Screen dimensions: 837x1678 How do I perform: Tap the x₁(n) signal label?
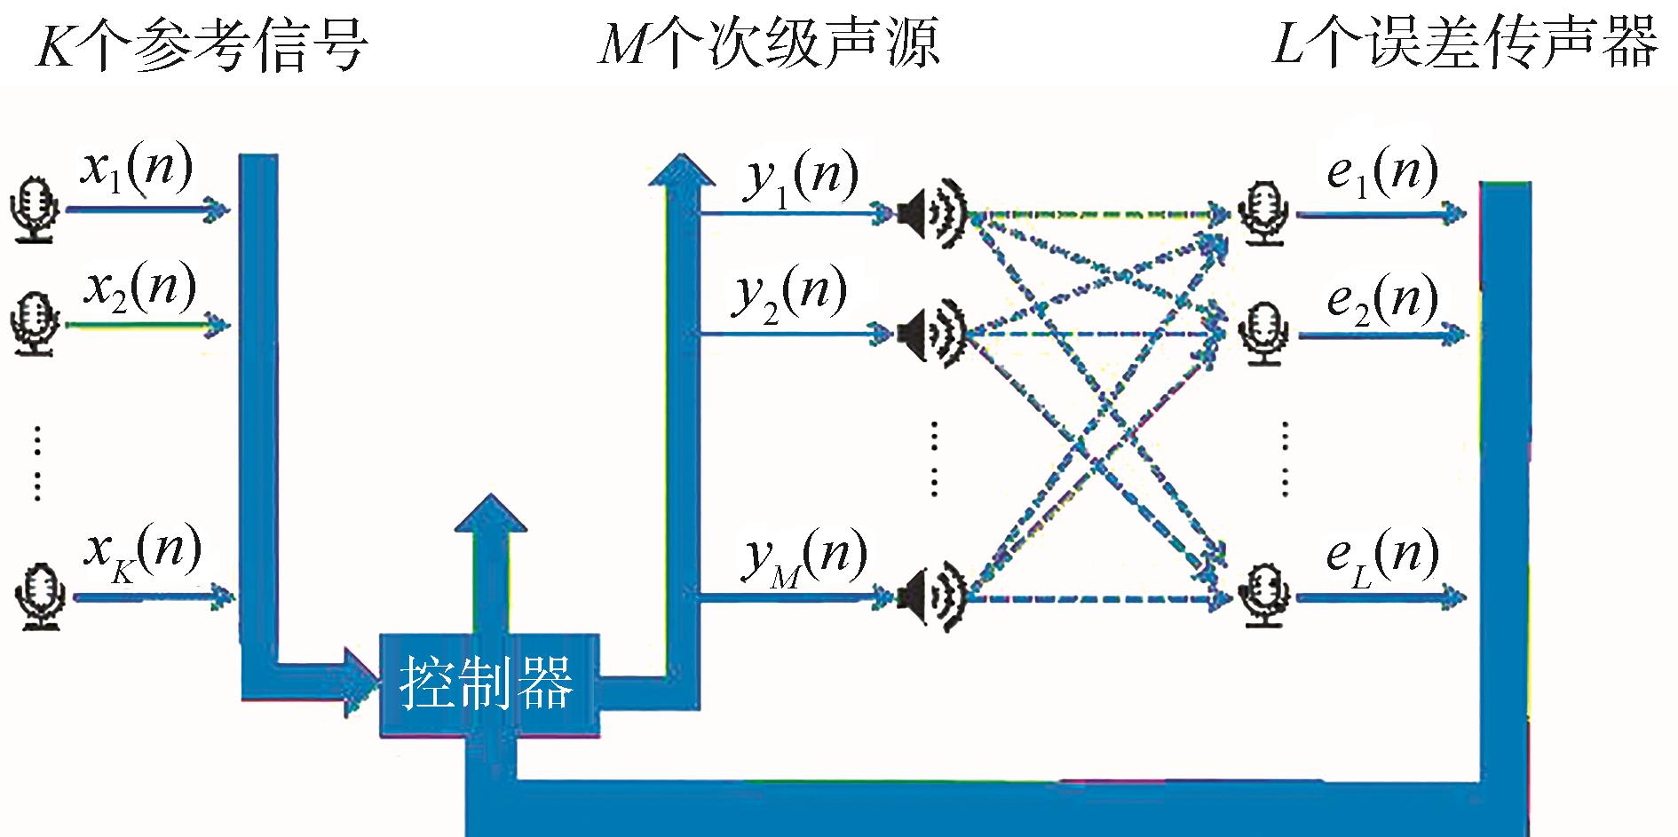[136, 169]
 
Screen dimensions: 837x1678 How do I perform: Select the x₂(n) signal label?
[140, 288]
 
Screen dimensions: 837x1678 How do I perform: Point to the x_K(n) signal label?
[142, 553]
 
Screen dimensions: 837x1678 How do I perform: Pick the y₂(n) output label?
[789, 294]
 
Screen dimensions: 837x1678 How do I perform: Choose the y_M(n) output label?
[804, 558]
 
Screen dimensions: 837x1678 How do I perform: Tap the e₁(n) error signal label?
[1381, 172]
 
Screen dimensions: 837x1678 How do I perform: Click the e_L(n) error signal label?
[1381, 557]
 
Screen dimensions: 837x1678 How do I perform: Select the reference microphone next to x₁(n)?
[35, 209]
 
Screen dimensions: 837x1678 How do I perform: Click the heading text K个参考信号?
[201, 43]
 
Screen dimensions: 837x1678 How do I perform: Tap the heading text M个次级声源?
[769, 43]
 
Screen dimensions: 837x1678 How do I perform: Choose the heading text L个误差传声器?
[1465, 43]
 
